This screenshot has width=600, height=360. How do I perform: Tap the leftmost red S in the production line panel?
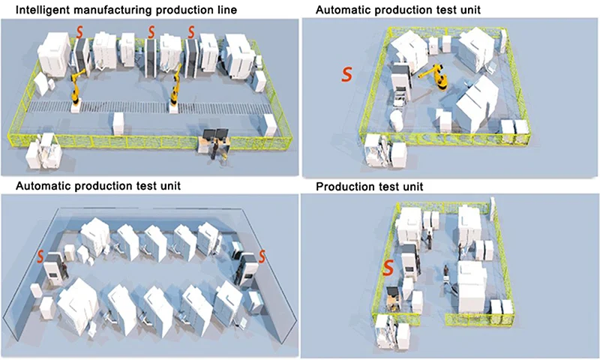coord(80,32)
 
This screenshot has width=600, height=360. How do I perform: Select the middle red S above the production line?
coord(152,32)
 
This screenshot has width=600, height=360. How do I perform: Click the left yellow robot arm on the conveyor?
coord(76,88)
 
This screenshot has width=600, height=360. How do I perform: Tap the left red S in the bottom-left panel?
coord(40,256)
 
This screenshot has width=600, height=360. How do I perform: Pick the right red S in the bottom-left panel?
coord(262,256)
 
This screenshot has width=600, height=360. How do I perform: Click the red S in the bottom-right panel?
coord(389,267)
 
